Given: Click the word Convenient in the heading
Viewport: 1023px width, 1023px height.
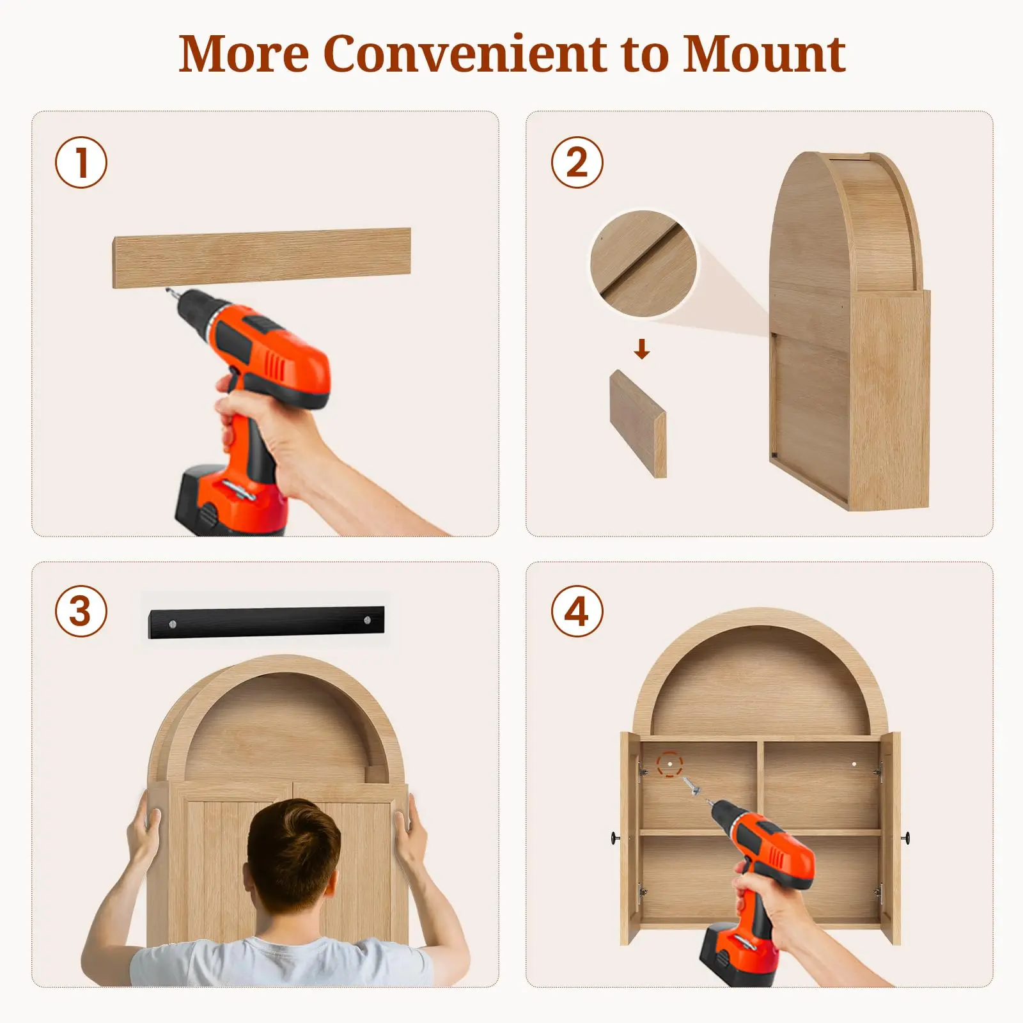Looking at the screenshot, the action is pos(465,54).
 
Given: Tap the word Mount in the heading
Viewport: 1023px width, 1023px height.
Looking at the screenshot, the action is pos(764,54).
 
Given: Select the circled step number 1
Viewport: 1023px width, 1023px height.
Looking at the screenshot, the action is pos(81,162).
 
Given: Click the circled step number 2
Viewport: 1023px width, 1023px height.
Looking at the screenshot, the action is pos(577,162).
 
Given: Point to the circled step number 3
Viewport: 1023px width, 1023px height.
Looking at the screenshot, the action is pos(81,611).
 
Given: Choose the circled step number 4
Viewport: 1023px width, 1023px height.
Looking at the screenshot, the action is pos(577,611).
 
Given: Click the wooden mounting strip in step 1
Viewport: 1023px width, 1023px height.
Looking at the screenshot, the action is pos(262,258).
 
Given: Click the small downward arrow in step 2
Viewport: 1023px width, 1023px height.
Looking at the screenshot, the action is pos(642,349).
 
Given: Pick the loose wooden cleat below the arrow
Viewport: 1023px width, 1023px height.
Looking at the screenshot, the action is pos(638,423).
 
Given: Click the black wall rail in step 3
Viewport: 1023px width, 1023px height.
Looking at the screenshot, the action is pos(267,621).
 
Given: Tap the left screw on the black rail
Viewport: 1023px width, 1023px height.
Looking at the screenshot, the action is pos(173,623).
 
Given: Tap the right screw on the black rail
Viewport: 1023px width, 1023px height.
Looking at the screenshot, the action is pos(368,620).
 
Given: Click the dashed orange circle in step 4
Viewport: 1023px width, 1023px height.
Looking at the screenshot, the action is pos(669,764).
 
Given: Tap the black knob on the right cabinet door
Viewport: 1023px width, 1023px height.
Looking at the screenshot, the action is pos(906,837).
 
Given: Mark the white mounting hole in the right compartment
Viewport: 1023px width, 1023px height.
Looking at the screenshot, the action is pos(854,764).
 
